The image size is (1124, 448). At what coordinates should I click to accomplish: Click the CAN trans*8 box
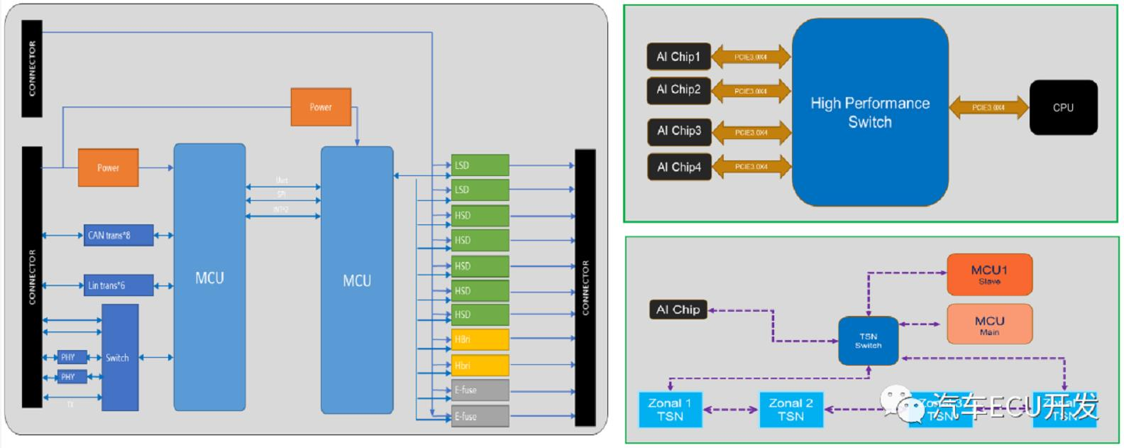pos(119,235)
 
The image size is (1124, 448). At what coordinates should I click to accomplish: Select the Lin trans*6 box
pos(119,285)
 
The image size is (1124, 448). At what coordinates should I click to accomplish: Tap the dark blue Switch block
pos(120,357)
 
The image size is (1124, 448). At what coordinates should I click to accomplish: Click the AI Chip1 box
pos(678,57)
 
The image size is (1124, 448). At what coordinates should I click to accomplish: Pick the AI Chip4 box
pos(678,167)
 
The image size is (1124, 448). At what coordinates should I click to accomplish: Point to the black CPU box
pos(1063,107)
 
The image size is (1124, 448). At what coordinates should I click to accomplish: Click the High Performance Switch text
pos(870,112)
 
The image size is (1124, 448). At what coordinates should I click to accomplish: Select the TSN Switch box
pos(869,341)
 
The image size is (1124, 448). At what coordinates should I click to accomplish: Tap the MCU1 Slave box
pos(989,274)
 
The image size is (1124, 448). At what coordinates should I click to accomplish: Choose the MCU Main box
pos(989,324)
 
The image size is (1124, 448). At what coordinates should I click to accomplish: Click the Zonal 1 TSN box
pos(670,410)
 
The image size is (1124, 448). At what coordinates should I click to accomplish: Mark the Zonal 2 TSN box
pos(791,410)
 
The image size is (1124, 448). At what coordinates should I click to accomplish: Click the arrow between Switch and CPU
pos(988,108)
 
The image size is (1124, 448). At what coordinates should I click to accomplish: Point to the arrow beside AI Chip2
pos(751,91)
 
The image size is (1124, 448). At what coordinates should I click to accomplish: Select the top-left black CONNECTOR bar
pos(32,68)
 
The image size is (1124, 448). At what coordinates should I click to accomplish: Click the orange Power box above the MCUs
pos(321,107)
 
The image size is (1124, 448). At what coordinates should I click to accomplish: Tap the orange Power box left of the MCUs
pos(108,168)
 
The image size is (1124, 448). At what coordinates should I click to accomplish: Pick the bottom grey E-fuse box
pos(480,416)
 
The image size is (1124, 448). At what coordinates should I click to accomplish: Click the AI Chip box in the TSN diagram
pos(678,310)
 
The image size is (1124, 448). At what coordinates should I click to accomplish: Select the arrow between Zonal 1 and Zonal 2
pos(730,409)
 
